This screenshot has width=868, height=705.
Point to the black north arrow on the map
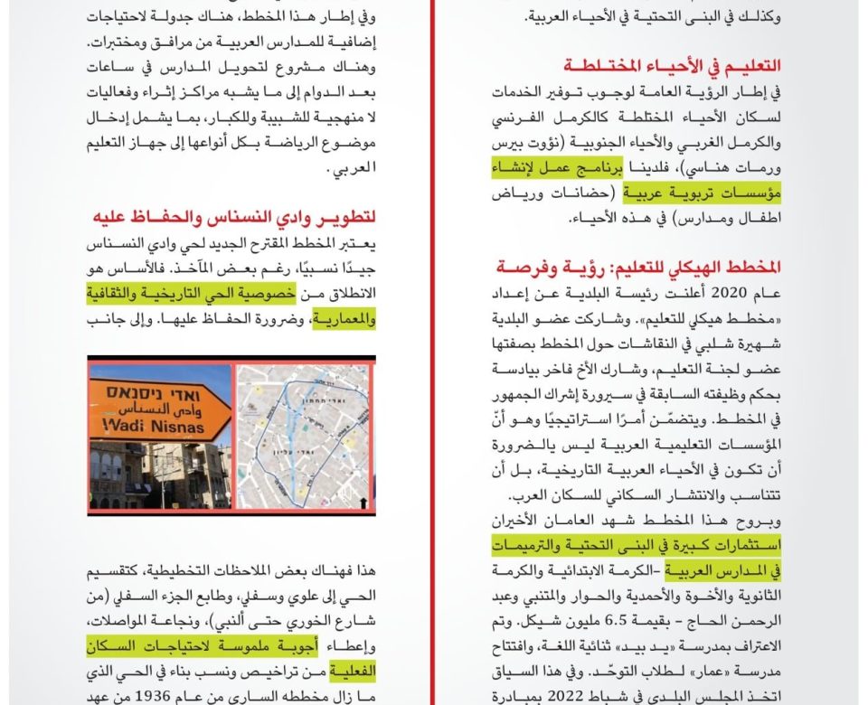tap(363, 501)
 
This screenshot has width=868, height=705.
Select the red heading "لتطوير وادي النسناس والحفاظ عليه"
tap(234, 218)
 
